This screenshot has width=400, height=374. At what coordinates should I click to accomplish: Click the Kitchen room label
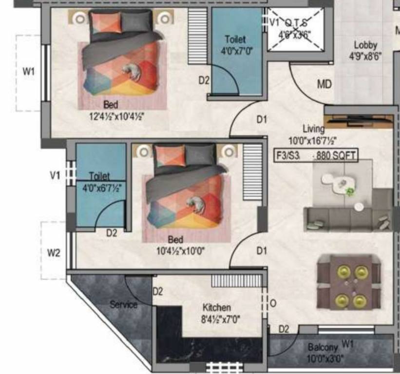point(217,308)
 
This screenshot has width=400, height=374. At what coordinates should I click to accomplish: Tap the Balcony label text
point(323,348)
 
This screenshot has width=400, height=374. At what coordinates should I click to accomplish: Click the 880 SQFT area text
point(337,156)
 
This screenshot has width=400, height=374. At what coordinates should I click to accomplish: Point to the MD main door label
point(324,84)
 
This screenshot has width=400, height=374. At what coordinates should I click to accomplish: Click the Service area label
point(123,304)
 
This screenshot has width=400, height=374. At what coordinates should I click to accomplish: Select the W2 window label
point(54,253)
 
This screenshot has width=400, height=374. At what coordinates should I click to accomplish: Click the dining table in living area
point(348,282)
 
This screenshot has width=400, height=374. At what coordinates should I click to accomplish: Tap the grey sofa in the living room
point(348,219)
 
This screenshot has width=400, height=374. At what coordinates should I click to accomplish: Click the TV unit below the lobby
point(360,119)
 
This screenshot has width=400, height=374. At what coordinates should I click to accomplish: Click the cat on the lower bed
point(197,204)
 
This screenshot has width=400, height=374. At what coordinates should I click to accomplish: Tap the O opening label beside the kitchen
point(273,303)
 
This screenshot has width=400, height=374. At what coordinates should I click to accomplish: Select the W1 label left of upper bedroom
point(29,72)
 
